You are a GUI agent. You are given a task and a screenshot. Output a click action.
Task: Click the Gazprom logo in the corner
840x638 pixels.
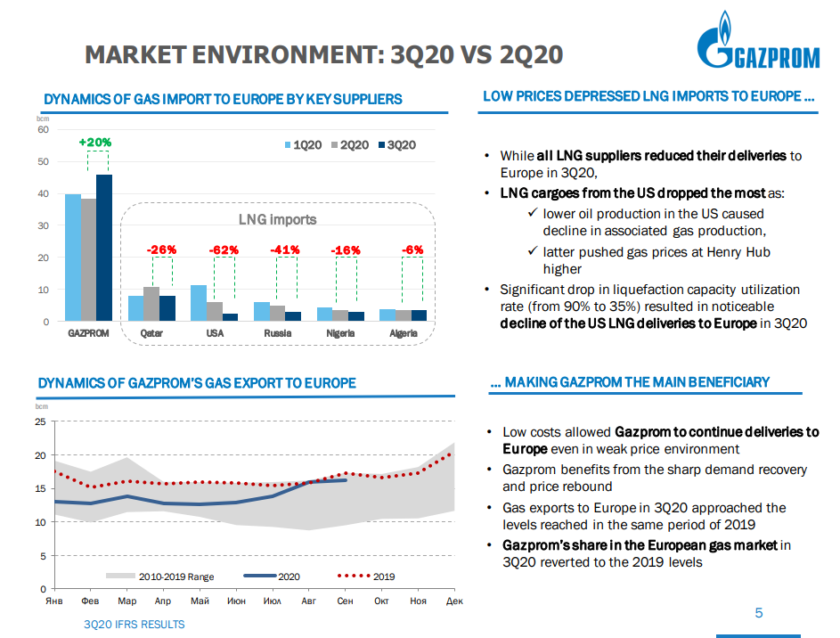click(x=756, y=45)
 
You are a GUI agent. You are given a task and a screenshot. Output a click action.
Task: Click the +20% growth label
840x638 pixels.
click(x=94, y=143)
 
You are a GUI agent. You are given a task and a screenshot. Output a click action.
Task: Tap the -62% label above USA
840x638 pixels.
click(x=224, y=250)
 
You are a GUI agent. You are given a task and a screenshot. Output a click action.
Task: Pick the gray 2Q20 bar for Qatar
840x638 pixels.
click(x=151, y=304)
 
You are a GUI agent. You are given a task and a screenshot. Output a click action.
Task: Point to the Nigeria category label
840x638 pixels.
click(x=340, y=333)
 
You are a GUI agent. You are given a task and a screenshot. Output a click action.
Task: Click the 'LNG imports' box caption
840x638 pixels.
click(x=277, y=219)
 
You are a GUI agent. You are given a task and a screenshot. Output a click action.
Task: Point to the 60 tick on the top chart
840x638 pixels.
click(x=43, y=130)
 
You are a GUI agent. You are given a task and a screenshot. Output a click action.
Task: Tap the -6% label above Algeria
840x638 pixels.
click(x=413, y=250)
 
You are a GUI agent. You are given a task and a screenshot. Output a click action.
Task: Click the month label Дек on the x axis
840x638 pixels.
click(x=454, y=602)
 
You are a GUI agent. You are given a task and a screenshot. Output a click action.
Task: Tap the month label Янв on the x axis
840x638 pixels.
click(x=54, y=602)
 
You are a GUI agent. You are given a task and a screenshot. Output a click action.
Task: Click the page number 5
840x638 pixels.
click(x=759, y=613)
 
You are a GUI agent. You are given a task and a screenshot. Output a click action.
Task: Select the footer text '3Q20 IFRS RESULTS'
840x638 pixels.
click(x=135, y=625)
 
